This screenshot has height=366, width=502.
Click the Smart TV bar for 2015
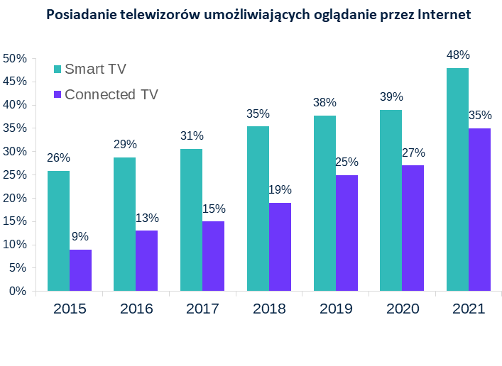tap(58, 231)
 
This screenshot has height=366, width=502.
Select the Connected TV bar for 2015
tap(80, 270)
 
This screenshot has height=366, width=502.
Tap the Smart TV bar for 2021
tap(457, 179)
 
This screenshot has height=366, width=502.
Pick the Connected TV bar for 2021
tap(479, 209)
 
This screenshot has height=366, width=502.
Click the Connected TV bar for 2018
tap(280, 247)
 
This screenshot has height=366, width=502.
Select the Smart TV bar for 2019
tap(324, 203)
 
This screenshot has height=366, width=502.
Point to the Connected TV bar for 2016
tap(146, 260)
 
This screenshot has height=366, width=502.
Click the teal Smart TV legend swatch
tap(58, 69)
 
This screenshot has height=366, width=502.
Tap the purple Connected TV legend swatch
tap(58, 94)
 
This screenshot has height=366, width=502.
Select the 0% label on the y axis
tap(18, 291)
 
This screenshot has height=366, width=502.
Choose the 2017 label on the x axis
tap(202, 309)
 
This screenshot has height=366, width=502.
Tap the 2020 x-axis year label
tap(402, 309)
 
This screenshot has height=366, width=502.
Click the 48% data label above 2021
tap(458, 55)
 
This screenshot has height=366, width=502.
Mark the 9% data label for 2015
tap(80, 236)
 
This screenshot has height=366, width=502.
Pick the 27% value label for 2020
tap(413, 152)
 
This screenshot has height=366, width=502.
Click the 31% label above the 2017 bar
tap(192, 135)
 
